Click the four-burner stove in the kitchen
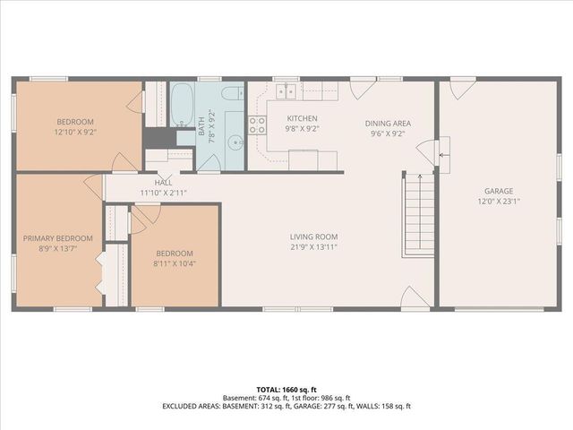pyautogui.click(x=257, y=125)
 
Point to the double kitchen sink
pyautogui.click(x=288, y=90)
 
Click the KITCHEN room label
pyautogui.click(x=302, y=118)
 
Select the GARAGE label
pyautogui.click(x=500, y=191)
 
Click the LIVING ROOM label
pyautogui.click(x=313, y=236)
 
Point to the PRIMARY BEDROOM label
pyautogui.click(x=57, y=237)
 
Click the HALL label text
pyautogui.click(x=162, y=182)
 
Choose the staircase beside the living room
pyautogui.click(x=417, y=215)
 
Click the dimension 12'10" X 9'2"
pyautogui.click(x=75, y=133)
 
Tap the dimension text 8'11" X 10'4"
pyautogui.click(x=175, y=263)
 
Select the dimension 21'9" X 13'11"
pyautogui.click(x=313, y=247)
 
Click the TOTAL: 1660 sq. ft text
pyautogui.click(x=286, y=390)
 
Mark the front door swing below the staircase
pyautogui.click(x=415, y=298)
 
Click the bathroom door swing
pyautogui.click(x=209, y=162)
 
